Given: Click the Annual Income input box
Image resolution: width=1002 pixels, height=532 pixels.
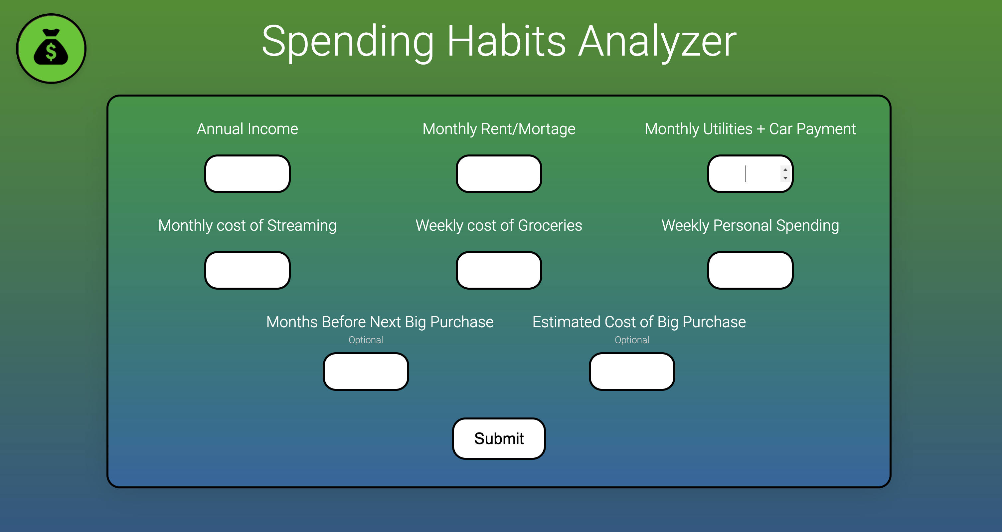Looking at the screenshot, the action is pos(248,173).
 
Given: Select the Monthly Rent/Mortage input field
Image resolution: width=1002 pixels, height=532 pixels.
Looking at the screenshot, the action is pos(499,173).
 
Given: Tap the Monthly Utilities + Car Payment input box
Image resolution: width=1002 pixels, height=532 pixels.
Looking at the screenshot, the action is pos(750,173).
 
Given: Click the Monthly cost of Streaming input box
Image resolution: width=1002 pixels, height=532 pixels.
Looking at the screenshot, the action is pos(248,270).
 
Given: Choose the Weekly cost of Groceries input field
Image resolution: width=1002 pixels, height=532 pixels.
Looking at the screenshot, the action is pos(499,270).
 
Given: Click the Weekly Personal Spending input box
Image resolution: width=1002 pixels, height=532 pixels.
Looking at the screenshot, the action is pos(750,270).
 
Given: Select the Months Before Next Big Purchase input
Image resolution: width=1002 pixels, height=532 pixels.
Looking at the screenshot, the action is pos(366,371).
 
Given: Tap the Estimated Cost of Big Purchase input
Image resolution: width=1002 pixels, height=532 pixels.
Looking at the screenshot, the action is pos(632,371).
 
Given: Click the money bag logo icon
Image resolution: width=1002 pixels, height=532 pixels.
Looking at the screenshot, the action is pos(51,49).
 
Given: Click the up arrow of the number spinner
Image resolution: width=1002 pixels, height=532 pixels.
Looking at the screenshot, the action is pos(785,170).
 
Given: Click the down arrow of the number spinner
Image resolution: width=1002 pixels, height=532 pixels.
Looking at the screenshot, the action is pos(785,178).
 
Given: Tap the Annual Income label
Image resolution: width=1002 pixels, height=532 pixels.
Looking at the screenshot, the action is pos(248,129).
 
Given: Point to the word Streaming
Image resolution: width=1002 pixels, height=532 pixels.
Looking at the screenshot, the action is pos(302,226).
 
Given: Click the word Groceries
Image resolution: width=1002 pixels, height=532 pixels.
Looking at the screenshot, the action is pos(550,226).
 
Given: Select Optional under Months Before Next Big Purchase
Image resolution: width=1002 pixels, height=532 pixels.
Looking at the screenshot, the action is pos(366,340).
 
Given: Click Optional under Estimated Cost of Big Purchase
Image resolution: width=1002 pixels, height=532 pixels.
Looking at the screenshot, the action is pos(632,340).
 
